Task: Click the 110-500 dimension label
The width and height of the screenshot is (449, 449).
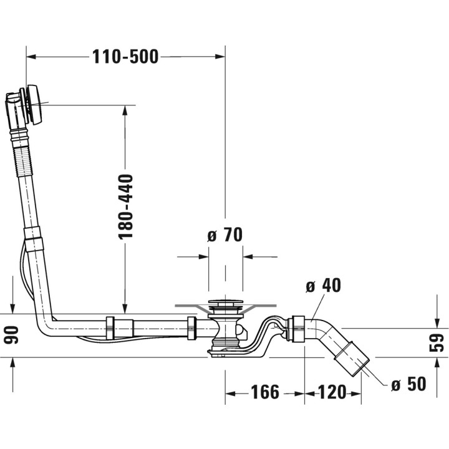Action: point(125,57)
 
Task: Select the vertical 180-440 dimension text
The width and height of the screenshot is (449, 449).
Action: point(126,206)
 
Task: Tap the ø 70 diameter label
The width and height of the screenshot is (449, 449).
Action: point(224,235)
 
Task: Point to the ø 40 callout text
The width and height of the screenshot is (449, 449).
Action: point(323,285)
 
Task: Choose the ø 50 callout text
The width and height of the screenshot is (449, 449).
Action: point(408,384)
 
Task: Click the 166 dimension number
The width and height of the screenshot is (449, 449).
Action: point(265,392)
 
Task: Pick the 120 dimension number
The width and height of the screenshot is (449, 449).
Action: point(332,392)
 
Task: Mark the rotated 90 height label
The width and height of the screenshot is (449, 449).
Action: point(11,335)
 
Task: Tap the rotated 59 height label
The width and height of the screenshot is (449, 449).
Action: point(437,343)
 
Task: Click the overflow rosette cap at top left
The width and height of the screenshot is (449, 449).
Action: point(35,104)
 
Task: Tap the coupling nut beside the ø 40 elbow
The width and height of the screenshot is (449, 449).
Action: point(298,329)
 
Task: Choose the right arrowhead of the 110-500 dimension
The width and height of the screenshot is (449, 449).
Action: point(220,57)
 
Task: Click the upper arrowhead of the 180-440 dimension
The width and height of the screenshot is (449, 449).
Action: point(125,110)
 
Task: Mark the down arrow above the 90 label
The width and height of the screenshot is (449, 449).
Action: point(12,309)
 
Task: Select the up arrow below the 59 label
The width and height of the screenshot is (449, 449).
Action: point(437,363)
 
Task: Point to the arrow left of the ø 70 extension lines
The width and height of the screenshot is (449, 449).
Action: point(203,256)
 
